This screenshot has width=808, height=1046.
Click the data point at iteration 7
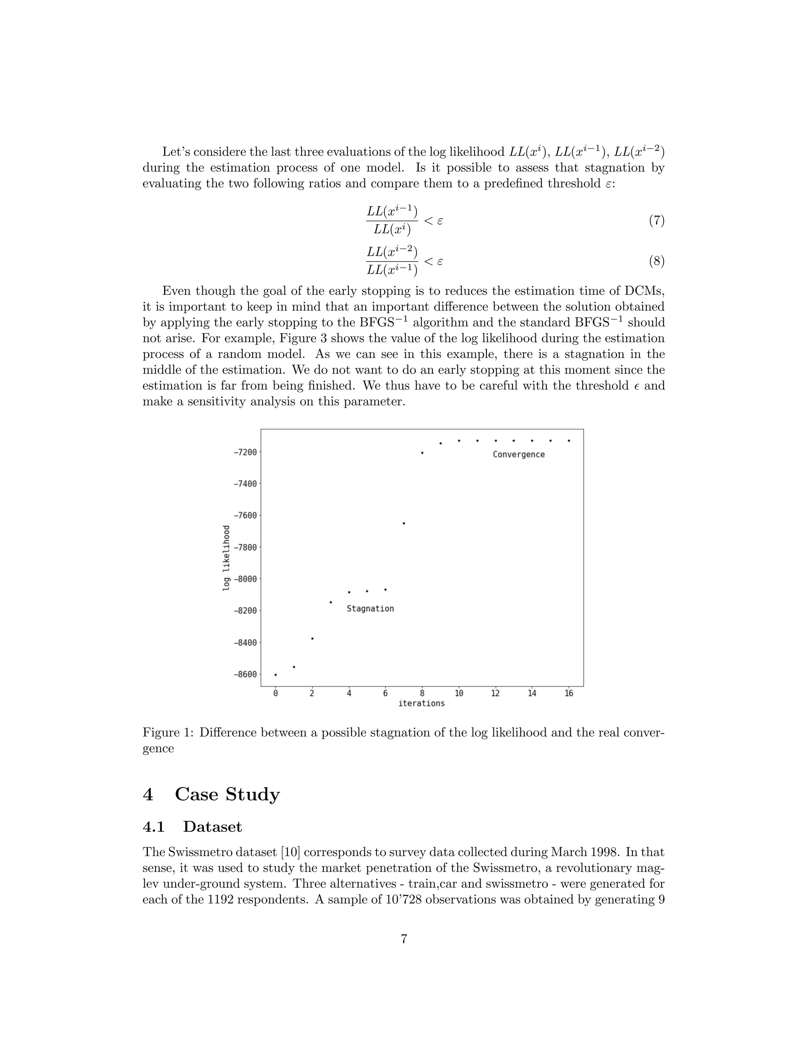404,523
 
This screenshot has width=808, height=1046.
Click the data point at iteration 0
275,674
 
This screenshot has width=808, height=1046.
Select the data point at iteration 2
312,638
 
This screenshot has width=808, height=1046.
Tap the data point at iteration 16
569,441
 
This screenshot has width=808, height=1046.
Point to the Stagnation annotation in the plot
370,609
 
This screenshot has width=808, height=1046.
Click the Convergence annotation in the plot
518,454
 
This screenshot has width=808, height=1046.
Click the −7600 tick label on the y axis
245,516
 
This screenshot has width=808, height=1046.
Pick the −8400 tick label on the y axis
245,642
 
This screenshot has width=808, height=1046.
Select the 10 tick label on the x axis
458,693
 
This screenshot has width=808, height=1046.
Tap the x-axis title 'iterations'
421,703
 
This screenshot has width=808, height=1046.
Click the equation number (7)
656,221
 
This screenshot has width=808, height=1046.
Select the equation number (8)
656,261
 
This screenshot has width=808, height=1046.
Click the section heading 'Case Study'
227,794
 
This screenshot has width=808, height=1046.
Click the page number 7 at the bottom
404,939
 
